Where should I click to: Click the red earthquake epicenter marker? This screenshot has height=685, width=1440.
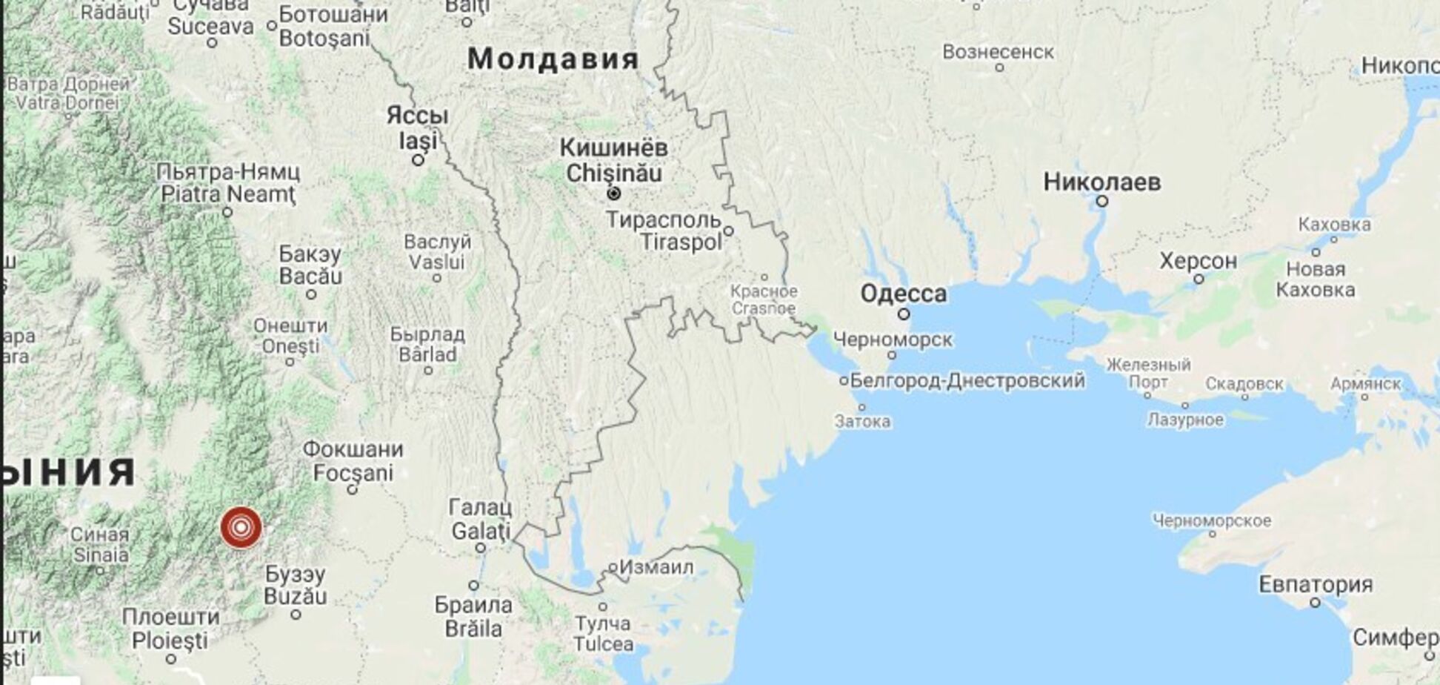tap(241, 528)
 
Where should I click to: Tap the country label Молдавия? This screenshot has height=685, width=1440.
tap(553, 59)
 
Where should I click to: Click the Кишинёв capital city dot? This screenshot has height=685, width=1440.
tap(613, 193)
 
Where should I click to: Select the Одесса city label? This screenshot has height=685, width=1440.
tap(903, 294)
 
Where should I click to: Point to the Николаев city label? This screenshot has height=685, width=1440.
tap(1101, 182)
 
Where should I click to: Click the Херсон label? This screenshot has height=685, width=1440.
tap(1198, 261)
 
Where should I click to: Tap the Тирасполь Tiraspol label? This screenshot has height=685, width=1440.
tap(664, 231)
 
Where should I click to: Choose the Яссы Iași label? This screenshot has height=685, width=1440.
tap(418, 128)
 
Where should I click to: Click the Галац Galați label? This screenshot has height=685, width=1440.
tap(481, 519)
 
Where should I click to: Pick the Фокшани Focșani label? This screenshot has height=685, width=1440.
tap(353, 460)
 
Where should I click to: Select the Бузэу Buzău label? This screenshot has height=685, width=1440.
tap(295, 585)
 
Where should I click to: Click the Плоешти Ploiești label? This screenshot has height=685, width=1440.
tap(171, 628)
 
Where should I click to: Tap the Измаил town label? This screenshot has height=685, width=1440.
tap(656, 567)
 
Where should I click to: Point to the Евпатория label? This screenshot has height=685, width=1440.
tap(1315, 584)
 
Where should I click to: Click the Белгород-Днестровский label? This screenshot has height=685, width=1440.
tap(967, 381)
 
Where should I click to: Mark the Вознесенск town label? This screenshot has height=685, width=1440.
tap(998, 52)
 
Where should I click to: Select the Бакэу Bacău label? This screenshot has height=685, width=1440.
tap(310, 265)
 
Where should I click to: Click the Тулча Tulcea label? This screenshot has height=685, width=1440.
tap(603, 633)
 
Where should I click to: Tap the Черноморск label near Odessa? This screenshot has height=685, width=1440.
tap(893, 340)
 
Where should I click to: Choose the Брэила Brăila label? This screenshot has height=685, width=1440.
tap(473, 616)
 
